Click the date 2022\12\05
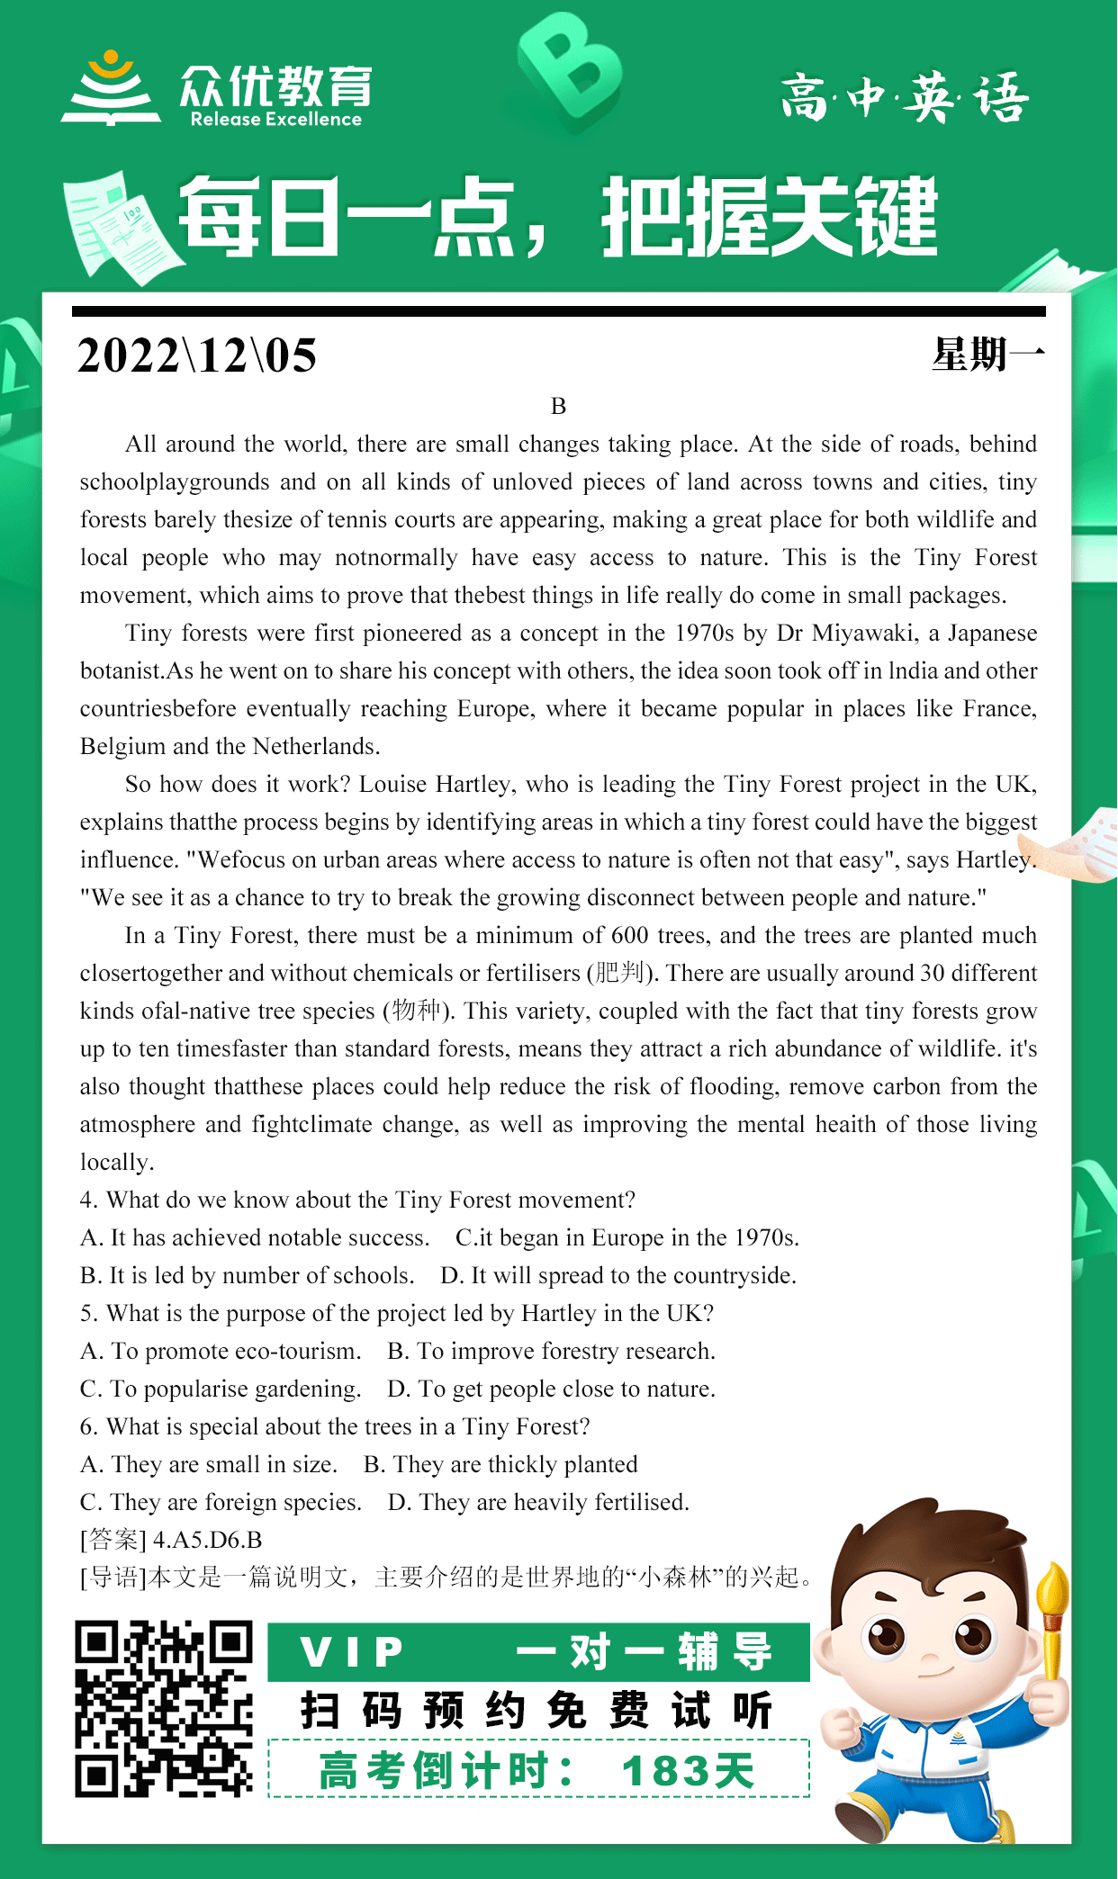[197, 355]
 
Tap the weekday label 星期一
[987, 355]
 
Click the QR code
[163, 1709]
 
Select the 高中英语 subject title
[904, 97]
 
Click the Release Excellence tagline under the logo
[275, 120]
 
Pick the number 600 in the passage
[630, 936]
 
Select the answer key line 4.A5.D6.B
[207, 1540]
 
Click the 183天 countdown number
[688, 1771]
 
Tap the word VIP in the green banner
[352, 1651]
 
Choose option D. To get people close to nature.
[551, 1389]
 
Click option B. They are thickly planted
[500, 1464]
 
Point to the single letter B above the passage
[558, 406]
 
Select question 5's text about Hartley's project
[397, 1313]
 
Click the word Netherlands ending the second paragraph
[315, 747]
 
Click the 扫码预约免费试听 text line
[536, 1711]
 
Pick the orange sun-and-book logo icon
[111, 88]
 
